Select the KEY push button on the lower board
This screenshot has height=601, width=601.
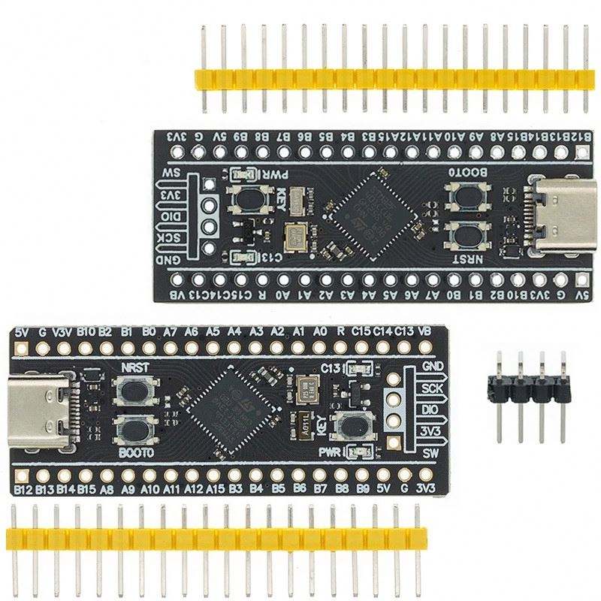pyautogui.click(x=352, y=427)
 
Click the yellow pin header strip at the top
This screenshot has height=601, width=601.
pyautogui.click(x=391, y=79)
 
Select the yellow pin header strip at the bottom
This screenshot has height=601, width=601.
pyautogui.click(x=216, y=538)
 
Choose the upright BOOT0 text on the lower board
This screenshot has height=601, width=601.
pyautogui.click(x=136, y=454)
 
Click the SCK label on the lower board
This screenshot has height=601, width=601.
pyautogui.click(x=430, y=388)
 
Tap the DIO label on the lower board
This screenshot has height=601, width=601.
pyautogui.click(x=430, y=410)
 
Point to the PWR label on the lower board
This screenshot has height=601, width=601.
pyautogui.click(x=331, y=452)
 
